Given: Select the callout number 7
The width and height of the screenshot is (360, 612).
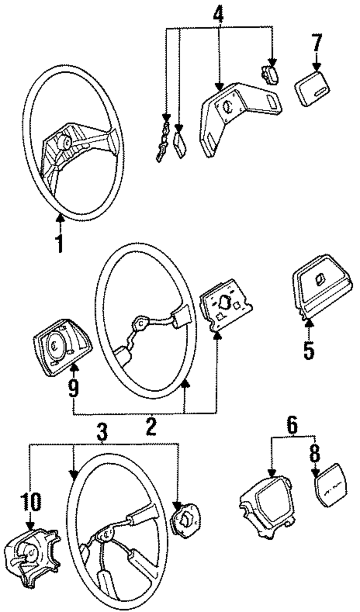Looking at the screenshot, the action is coord(316,42).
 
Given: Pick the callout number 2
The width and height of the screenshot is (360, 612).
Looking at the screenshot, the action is coord(151,427).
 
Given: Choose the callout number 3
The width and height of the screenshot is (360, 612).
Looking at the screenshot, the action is coord(102,432).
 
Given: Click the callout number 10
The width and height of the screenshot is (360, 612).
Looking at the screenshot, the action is coord(31,501).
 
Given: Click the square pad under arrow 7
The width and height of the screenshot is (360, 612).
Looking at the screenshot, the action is coord(312,88).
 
